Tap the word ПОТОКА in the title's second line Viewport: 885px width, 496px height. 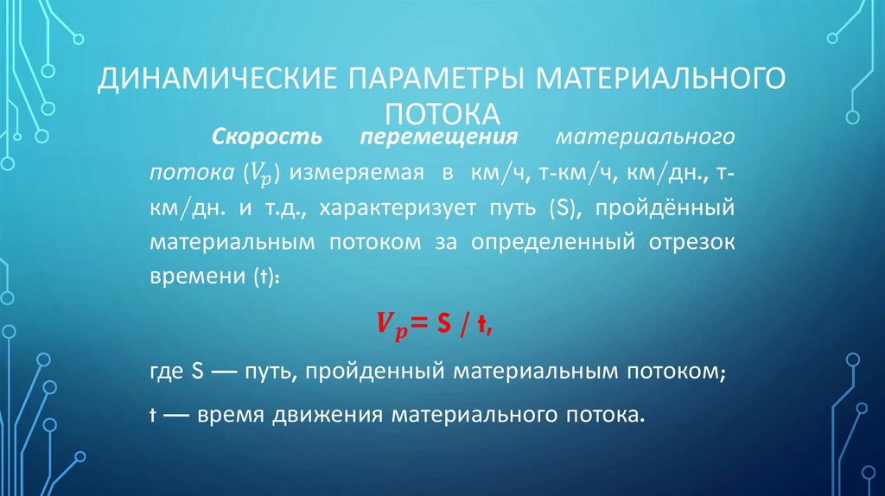click(x=442, y=115)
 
